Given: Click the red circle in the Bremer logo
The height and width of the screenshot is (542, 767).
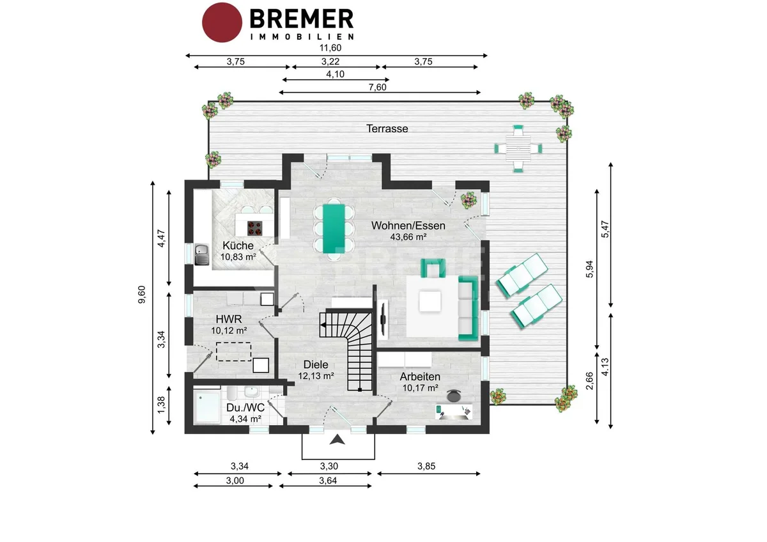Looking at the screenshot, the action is coord(222,22).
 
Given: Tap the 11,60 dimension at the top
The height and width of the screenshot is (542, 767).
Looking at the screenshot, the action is coord(330,48).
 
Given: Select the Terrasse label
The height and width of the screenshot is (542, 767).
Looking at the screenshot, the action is coord(387,128).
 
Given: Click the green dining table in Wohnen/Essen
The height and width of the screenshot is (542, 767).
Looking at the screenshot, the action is coord(334,229).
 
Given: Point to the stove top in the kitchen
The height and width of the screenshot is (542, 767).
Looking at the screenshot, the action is coord(255,228).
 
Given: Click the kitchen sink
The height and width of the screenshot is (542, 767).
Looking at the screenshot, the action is coord(202,254).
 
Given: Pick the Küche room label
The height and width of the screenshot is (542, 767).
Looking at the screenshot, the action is coord(238,245).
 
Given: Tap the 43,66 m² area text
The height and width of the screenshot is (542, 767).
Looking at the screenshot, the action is coord(408,237).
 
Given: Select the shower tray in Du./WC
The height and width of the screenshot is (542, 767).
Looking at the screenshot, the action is coord(207,407).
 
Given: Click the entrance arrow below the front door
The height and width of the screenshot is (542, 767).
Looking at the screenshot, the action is coord(337,440).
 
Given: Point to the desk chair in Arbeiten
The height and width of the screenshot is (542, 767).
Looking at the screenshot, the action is coord(454,396).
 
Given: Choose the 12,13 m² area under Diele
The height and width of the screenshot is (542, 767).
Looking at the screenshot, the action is coord(316,376).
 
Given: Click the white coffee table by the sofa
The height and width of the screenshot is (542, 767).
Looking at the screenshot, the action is coord(430,301).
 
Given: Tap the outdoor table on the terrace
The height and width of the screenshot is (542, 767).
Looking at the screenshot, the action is coord(518,148).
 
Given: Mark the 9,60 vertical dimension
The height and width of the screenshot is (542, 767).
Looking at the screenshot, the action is coord(142,295).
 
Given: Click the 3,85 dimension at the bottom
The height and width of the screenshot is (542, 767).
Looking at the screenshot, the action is coord(426,467).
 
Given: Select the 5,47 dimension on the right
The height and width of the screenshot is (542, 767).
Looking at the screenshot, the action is coord(605,229).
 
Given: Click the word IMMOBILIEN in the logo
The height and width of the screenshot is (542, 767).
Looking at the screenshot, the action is coord(302,36).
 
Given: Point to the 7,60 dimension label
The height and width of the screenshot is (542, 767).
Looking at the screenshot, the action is coord(377,88).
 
